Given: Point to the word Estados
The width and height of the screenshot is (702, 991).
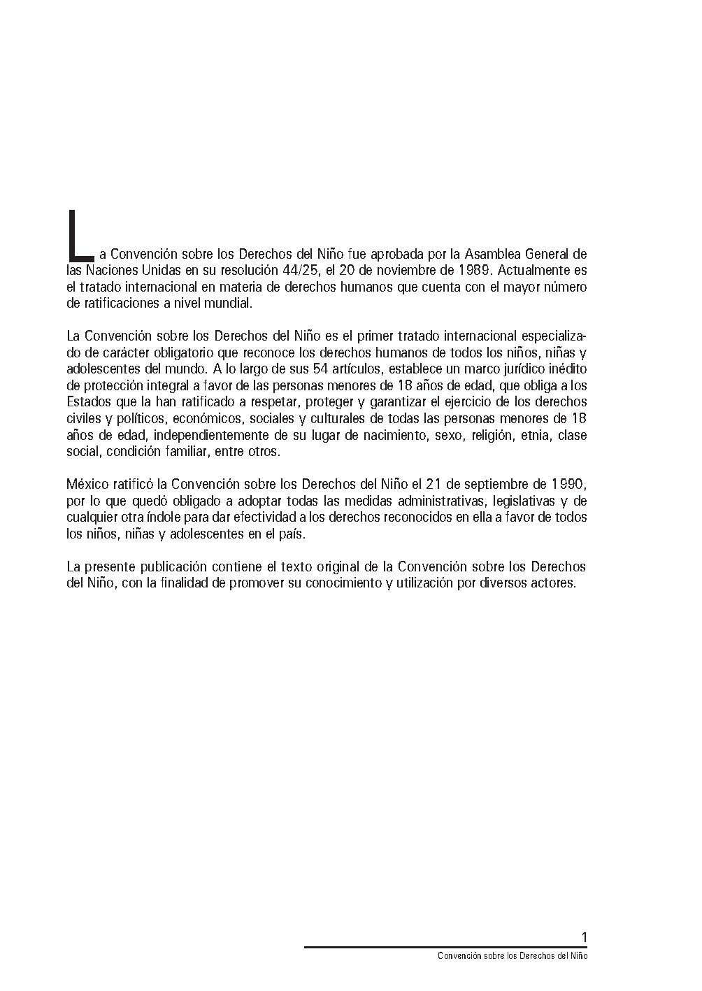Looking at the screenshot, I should (86, 402).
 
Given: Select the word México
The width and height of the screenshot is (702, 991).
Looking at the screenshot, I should (87, 484).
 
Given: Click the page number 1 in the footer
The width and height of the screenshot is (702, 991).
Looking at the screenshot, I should (584, 937).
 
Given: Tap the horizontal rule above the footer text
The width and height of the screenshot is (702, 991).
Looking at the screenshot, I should (445, 947).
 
